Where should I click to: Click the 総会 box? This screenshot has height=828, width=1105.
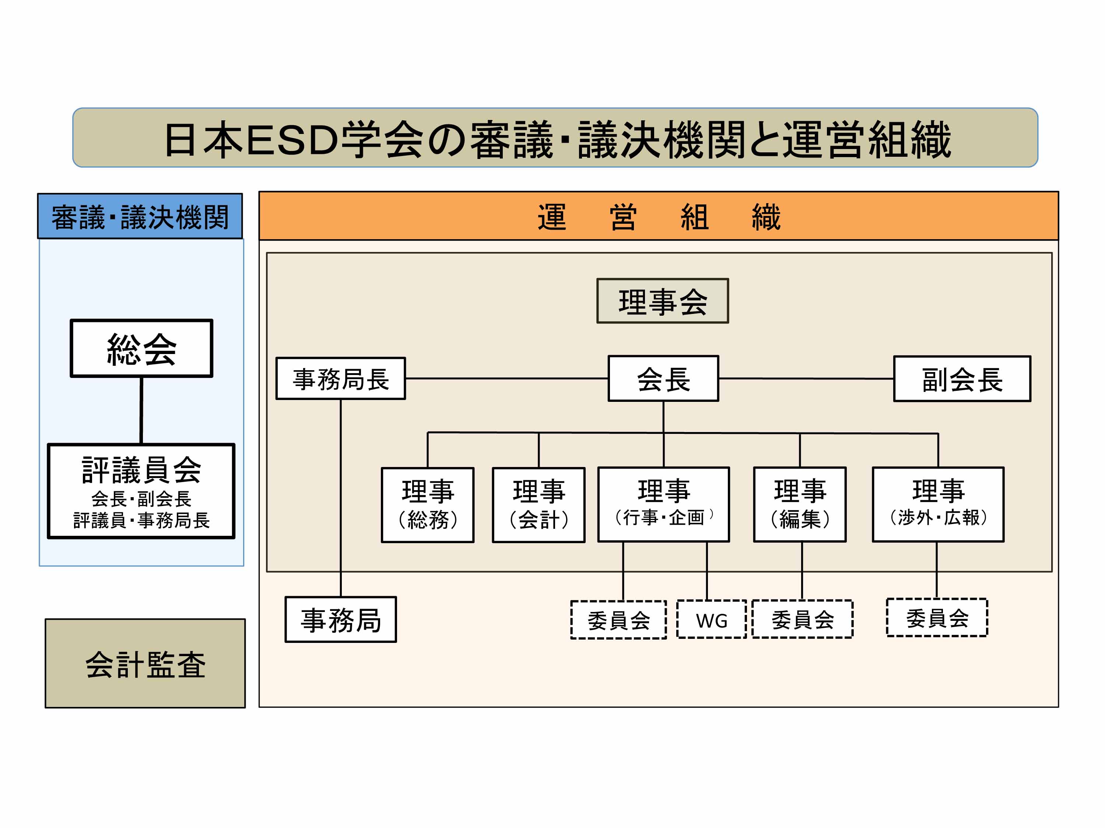click(141, 348)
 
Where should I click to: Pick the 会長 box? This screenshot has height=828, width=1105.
click(663, 379)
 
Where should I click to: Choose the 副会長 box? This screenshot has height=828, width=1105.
click(962, 379)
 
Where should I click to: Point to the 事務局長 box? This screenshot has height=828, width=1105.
click(341, 379)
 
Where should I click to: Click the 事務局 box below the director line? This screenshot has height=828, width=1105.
click(341, 619)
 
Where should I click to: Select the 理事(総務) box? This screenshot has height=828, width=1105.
click(428, 505)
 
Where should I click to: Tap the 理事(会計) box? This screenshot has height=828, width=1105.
click(539, 505)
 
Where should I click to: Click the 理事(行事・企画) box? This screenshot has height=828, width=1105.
click(663, 504)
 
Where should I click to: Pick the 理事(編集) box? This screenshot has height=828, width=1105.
click(800, 504)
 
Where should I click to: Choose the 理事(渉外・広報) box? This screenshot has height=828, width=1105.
click(938, 504)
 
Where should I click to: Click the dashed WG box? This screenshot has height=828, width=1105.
click(711, 619)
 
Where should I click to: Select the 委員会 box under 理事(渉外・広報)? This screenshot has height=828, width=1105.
click(937, 618)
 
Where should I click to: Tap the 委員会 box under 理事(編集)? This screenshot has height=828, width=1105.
click(802, 619)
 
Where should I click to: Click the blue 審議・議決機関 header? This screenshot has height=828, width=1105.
click(140, 216)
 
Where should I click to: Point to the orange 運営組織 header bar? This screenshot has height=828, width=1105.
click(659, 216)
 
